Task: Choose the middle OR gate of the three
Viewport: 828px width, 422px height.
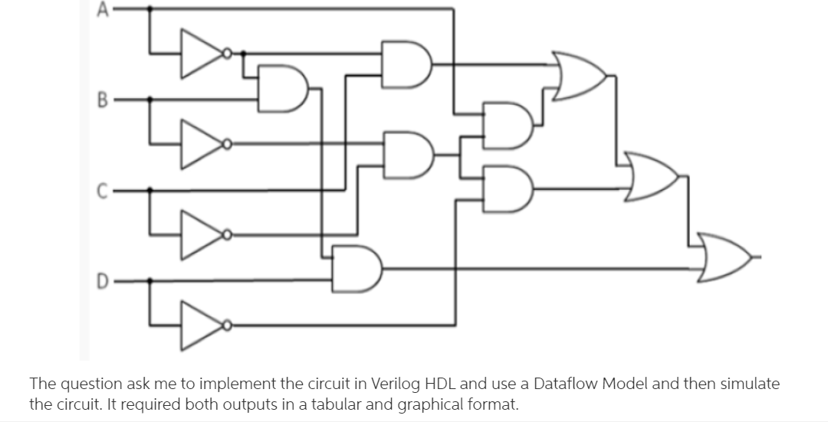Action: (652, 176)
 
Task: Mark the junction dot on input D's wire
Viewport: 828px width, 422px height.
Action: (149, 280)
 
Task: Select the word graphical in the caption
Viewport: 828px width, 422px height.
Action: (416, 404)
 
